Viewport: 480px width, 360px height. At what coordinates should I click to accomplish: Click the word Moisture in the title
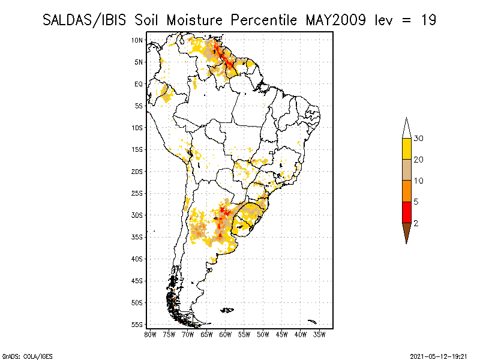click(194, 20)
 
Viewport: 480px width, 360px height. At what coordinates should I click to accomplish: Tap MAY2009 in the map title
click(335, 20)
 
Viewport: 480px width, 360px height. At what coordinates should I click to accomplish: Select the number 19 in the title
click(428, 20)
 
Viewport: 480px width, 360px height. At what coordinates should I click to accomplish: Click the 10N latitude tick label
click(137, 40)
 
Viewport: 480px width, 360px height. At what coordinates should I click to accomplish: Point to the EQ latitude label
click(139, 84)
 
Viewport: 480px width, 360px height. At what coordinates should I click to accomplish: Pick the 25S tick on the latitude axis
click(137, 193)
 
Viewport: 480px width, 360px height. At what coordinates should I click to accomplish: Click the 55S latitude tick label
click(137, 325)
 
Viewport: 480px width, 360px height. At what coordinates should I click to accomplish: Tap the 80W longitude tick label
click(150, 335)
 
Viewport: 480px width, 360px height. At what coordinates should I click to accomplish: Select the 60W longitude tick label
click(226, 335)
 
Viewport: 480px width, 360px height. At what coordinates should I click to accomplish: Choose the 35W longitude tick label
click(319, 335)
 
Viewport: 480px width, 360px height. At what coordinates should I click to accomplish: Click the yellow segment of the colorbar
click(407, 149)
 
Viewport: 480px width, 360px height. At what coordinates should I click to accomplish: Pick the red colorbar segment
click(407, 212)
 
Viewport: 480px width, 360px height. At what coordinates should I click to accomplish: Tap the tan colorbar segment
click(407, 170)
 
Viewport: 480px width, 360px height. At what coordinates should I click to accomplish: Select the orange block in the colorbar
click(407, 191)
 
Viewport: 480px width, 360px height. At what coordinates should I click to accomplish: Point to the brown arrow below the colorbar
click(407, 232)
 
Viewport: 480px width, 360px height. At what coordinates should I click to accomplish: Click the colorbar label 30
click(418, 139)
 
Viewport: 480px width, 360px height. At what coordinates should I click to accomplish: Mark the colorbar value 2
click(416, 223)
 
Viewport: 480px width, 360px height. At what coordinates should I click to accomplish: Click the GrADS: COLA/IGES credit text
click(27, 356)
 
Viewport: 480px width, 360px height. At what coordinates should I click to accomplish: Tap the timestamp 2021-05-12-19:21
click(439, 356)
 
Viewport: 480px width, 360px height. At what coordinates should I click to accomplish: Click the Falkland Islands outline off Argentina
click(227, 310)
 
